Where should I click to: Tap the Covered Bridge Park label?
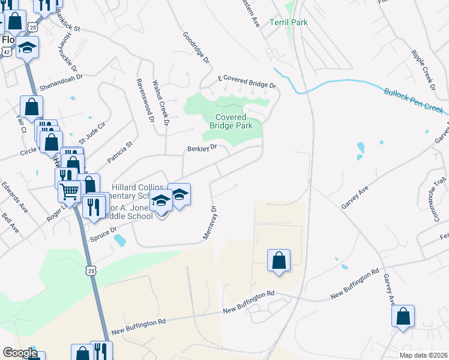click(x=234, y=121)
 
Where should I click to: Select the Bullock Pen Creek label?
click(x=413, y=101)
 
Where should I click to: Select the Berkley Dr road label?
click(x=201, y=148)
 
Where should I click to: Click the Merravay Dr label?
click(x=209, y=223)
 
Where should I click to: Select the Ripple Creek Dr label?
click(x=423, y=67)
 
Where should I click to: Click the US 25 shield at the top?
click(x=33, y=28)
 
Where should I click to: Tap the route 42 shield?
click(x=5, y=52)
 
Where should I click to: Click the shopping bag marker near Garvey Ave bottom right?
click(x=403, y=316)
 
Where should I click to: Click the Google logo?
click(x=20, y=353)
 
